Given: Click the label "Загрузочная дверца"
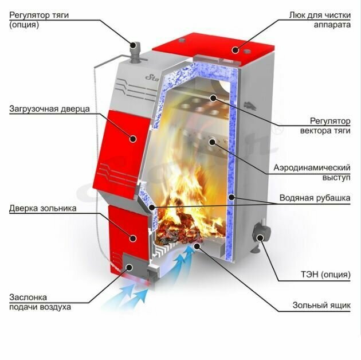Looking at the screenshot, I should [x=49, y=108].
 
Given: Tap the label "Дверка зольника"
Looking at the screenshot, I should [x=42, y=208].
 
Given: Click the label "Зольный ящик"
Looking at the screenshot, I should [x=321, y=306].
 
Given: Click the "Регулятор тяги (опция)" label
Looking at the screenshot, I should [x=38, y=20].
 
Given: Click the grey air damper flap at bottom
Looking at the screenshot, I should [x=132, y=268].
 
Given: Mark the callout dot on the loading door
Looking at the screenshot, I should [x=132, y=138].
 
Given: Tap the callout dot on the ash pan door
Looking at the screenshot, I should [x=131, y=236].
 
